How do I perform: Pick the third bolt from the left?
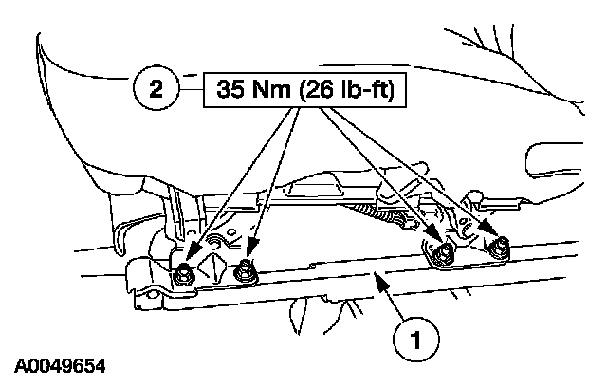click(x=439, y=252)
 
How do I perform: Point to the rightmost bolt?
click(x=499, y=249)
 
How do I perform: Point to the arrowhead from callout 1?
click(x=377, y=276)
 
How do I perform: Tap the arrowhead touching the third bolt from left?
click(x=433, y=239)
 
